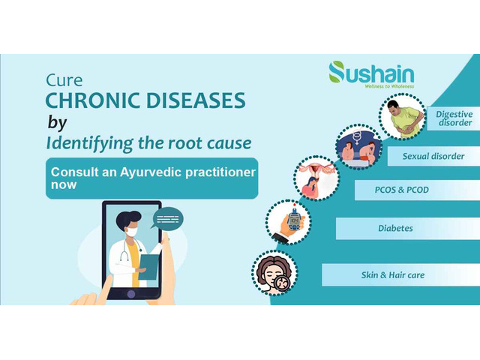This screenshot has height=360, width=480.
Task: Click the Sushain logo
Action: (x=371, y=74)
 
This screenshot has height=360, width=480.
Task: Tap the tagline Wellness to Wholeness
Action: (x=389, y=86)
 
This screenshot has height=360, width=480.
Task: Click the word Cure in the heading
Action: (x=64, y=80)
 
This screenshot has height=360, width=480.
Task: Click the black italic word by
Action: (x=57, y=122)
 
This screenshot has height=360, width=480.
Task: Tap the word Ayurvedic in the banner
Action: (x=151, y=172)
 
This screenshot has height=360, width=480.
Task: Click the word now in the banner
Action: (x=64, y=185)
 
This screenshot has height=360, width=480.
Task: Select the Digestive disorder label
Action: (x=454, y=118)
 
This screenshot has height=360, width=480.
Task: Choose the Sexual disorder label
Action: (x=433, y=156)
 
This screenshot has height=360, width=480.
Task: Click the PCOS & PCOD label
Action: (x=402, y=190)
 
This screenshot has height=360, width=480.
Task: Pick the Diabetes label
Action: (x=395, y=228)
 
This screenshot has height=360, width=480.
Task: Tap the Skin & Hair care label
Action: (x=393, y=275)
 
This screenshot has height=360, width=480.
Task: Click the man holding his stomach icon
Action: (x=402, y=116)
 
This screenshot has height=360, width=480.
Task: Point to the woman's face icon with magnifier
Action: (x=274, y=272)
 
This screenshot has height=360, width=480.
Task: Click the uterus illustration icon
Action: (x=316, y=178)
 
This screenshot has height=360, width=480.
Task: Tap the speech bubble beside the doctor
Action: (x=166, y=218)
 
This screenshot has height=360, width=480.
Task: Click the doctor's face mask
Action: (x=132, y=232)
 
